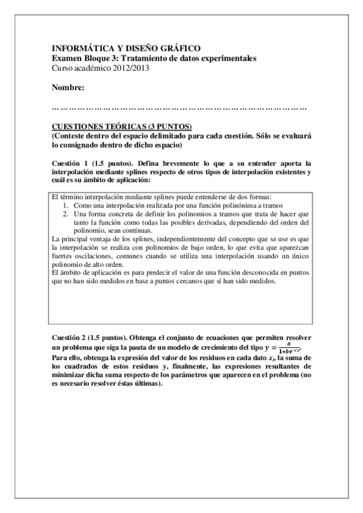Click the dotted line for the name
click(179, 108)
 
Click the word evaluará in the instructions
click(296, 137)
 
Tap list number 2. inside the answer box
click(67, 215)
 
